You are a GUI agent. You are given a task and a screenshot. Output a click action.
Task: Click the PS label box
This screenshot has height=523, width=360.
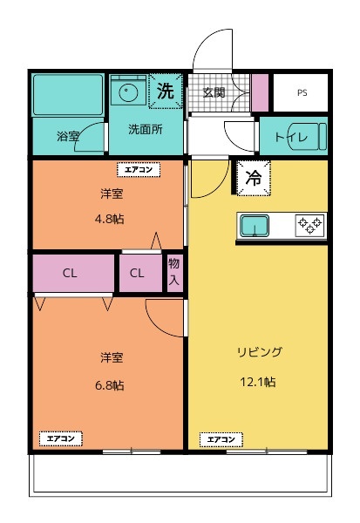click(x=302, y=92)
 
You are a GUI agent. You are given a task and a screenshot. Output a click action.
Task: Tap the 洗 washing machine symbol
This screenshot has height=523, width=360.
click(x=164, y=90)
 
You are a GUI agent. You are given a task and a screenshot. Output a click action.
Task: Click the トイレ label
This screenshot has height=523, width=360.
click(x=288, y=137)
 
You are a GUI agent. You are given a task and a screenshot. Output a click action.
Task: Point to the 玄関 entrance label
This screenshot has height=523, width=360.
click(x=214, y=92)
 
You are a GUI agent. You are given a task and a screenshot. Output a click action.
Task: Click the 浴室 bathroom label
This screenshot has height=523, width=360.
click(x=68, y=137)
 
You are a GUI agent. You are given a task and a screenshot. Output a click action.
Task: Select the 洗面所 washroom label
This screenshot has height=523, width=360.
click(x=145, y=130)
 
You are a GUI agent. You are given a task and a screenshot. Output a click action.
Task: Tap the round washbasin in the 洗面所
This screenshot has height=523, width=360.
click(x=128, y=90)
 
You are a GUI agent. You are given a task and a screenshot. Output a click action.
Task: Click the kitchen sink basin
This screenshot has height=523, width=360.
click(x=255, y=226)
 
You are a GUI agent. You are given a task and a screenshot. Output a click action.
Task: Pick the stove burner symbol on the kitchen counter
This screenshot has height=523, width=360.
click(x=309, y=225)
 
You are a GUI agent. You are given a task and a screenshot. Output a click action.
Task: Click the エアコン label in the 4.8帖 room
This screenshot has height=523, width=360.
click(x=139, y=170)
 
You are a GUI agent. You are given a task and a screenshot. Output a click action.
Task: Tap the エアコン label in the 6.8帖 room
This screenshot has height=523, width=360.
click(x=61, y=438)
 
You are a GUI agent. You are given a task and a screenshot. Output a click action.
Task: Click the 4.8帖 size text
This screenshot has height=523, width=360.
click(x=110, y=219)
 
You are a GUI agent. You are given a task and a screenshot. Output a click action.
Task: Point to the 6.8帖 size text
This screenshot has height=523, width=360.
click(x=110, y=384)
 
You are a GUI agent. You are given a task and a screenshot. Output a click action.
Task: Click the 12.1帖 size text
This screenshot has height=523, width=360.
click(x=259, y=382)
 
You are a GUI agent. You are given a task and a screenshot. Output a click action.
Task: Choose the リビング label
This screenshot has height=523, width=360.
click(x=259, y=352)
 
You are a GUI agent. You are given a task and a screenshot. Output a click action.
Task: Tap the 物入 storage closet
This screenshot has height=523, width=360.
click(x=174, y=272)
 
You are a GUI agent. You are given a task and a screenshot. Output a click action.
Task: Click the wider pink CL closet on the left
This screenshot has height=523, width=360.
click(x=71, y=273)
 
